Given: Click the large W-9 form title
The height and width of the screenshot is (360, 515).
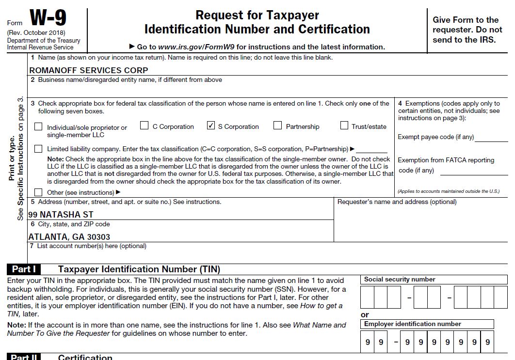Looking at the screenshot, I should [48, 18].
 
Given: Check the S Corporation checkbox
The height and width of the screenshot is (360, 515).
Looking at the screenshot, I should [210, 126].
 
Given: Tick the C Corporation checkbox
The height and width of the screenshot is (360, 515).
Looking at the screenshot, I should [144, 126].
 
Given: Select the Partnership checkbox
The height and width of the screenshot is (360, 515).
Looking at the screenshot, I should [277, 126].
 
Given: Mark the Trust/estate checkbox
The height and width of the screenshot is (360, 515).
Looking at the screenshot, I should [344, 126].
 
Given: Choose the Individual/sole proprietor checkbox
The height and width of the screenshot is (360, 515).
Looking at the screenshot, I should [38, 127].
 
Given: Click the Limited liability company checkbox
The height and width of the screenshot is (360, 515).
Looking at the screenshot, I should [38, 149].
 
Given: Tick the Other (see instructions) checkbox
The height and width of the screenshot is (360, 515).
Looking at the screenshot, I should [38, 192].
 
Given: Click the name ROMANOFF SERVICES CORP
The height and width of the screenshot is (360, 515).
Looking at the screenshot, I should [88, 70].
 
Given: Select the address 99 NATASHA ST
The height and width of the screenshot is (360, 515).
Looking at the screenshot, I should [61, 214].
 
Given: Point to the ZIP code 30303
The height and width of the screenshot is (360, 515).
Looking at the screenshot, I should [99, 237].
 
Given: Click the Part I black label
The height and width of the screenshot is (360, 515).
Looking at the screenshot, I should [24, 269].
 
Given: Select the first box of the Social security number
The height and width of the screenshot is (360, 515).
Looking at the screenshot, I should [367, 297].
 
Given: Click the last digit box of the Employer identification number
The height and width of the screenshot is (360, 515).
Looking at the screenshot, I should [487, 342].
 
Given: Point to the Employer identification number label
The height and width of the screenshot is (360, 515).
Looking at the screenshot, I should [413, 324].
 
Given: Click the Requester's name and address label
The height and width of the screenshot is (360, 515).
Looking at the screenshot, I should [397, 202].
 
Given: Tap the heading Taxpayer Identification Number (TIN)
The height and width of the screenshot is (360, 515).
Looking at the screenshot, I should [139, 269].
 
